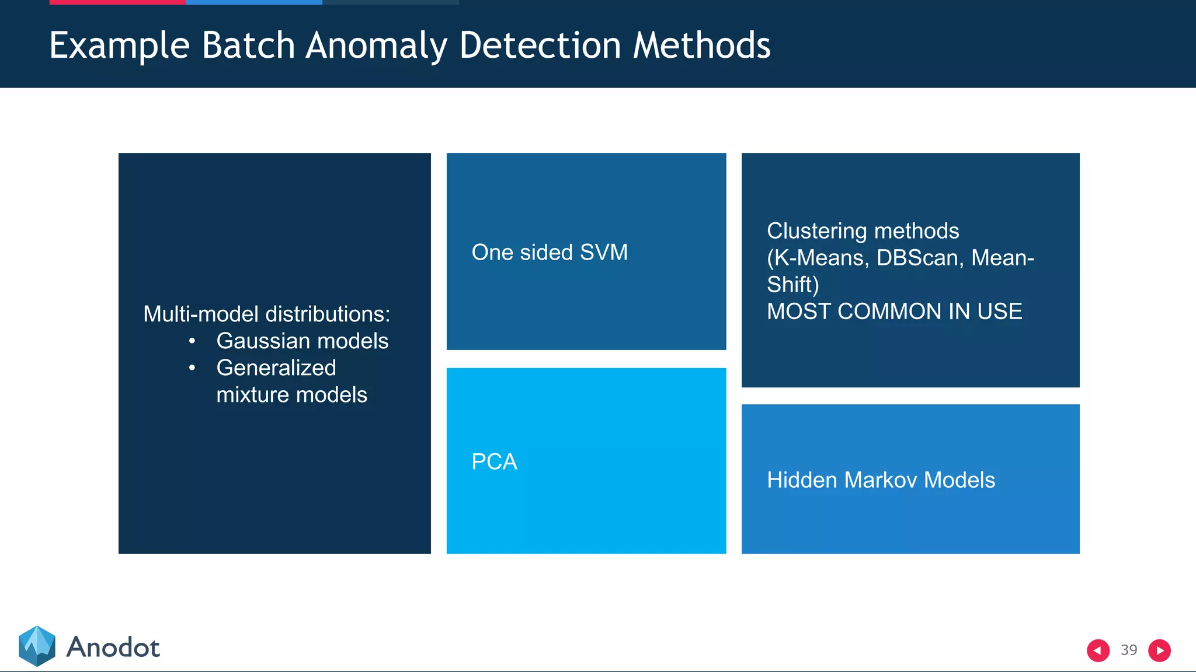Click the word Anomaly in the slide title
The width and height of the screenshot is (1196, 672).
376,45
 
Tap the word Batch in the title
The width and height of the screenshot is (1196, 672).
248,45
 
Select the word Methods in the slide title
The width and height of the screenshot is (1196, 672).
701,45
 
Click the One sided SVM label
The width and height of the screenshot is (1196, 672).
550,253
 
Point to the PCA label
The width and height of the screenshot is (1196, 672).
494,462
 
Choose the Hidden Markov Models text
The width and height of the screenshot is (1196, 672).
881,480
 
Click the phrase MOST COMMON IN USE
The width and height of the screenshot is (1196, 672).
894,311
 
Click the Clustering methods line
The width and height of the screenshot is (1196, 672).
863,231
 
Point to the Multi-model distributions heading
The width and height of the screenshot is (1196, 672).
266,314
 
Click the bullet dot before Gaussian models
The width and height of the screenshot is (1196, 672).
192,341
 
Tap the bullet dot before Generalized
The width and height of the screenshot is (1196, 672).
192,367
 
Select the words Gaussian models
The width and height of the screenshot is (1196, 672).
302,341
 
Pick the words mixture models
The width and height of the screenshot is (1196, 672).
291,395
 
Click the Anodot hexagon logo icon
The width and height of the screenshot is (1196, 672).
37,646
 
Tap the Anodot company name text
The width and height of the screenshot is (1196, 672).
113,647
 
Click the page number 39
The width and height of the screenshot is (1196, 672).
1129,650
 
